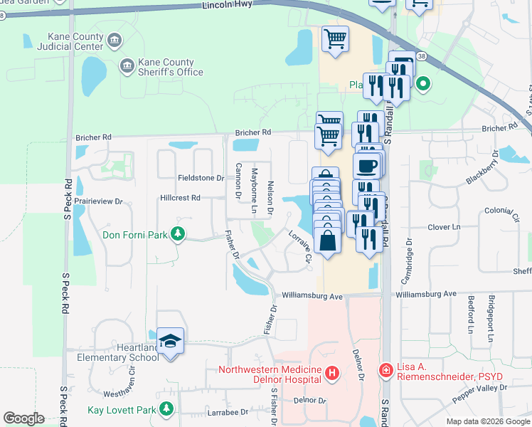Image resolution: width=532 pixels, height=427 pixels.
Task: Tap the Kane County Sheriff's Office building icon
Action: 127,66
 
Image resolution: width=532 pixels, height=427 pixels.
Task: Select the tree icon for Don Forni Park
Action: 178,233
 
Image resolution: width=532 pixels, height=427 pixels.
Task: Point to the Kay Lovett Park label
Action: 121,410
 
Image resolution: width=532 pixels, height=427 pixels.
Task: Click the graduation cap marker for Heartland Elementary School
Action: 171,341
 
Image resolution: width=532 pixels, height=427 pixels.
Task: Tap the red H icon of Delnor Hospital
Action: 331,372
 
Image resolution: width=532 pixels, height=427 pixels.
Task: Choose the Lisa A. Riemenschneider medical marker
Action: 385,371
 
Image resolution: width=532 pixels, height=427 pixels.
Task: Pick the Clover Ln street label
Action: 445,227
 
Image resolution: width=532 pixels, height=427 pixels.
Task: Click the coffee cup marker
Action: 366,167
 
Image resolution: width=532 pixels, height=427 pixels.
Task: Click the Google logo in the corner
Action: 23,418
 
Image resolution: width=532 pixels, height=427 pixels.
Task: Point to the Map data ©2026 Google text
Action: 488,421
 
